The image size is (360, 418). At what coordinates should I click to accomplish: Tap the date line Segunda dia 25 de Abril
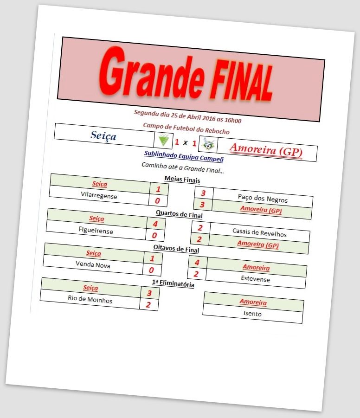tap(187, 116)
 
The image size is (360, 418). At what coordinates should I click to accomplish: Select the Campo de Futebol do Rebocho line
tap(186, 129)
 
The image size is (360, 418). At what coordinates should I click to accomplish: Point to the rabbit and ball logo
tap(208, 144)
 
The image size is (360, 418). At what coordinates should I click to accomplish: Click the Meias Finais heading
tap(182, 180)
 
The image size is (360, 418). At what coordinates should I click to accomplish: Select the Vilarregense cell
tap(99, 196)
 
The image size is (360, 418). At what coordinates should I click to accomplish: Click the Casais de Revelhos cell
tap(259, 233)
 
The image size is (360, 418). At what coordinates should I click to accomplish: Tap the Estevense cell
tap(255, 279)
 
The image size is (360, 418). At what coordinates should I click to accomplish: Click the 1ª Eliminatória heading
tap(173, 283)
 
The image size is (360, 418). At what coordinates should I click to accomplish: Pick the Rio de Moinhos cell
tap(90, 300)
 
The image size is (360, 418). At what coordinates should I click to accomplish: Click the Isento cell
tap(252, 314)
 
